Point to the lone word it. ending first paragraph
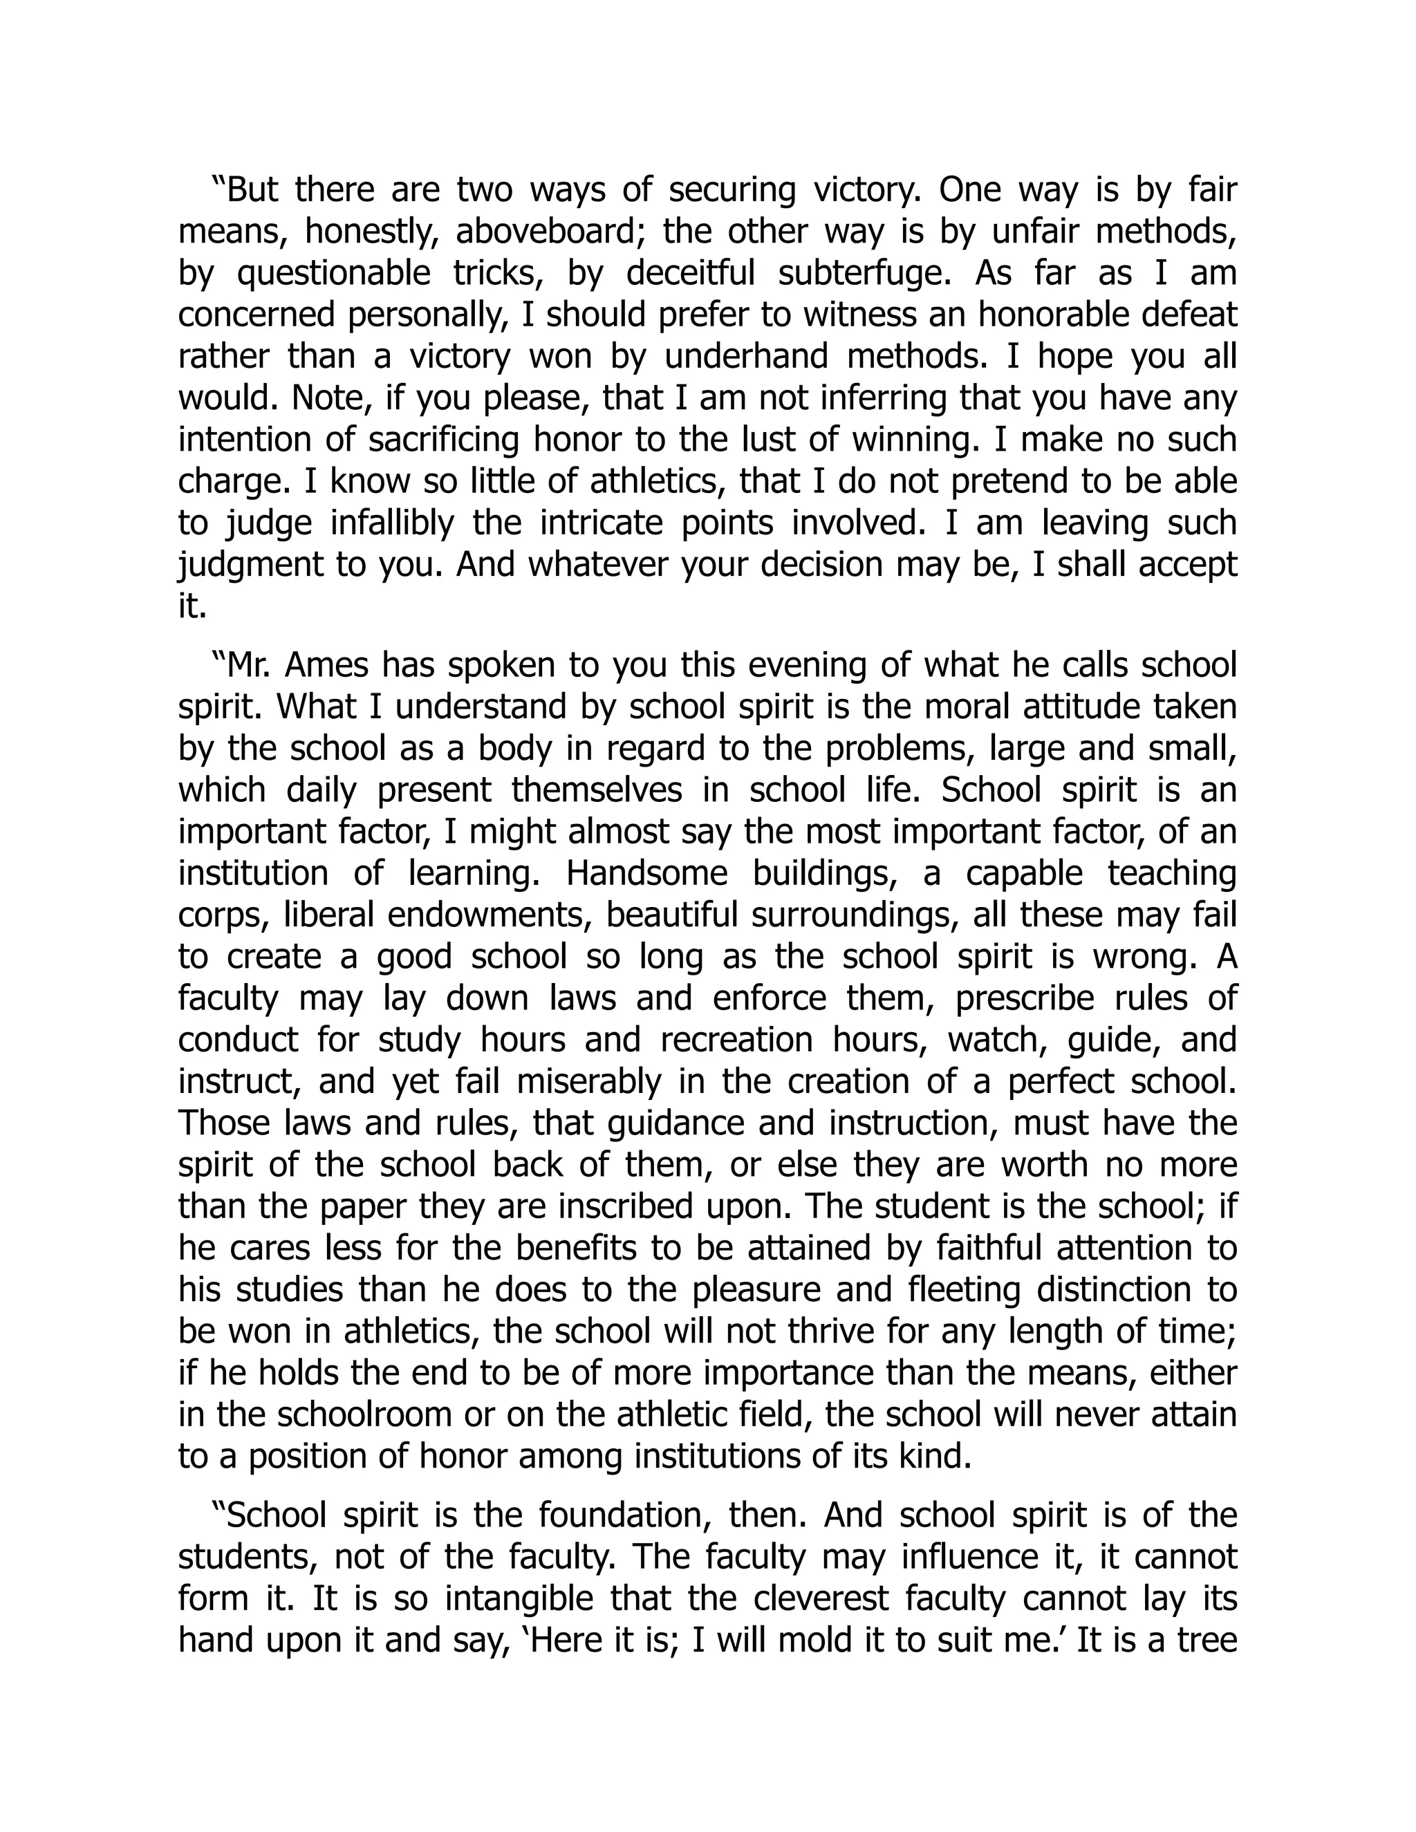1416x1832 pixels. coord(192,606)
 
